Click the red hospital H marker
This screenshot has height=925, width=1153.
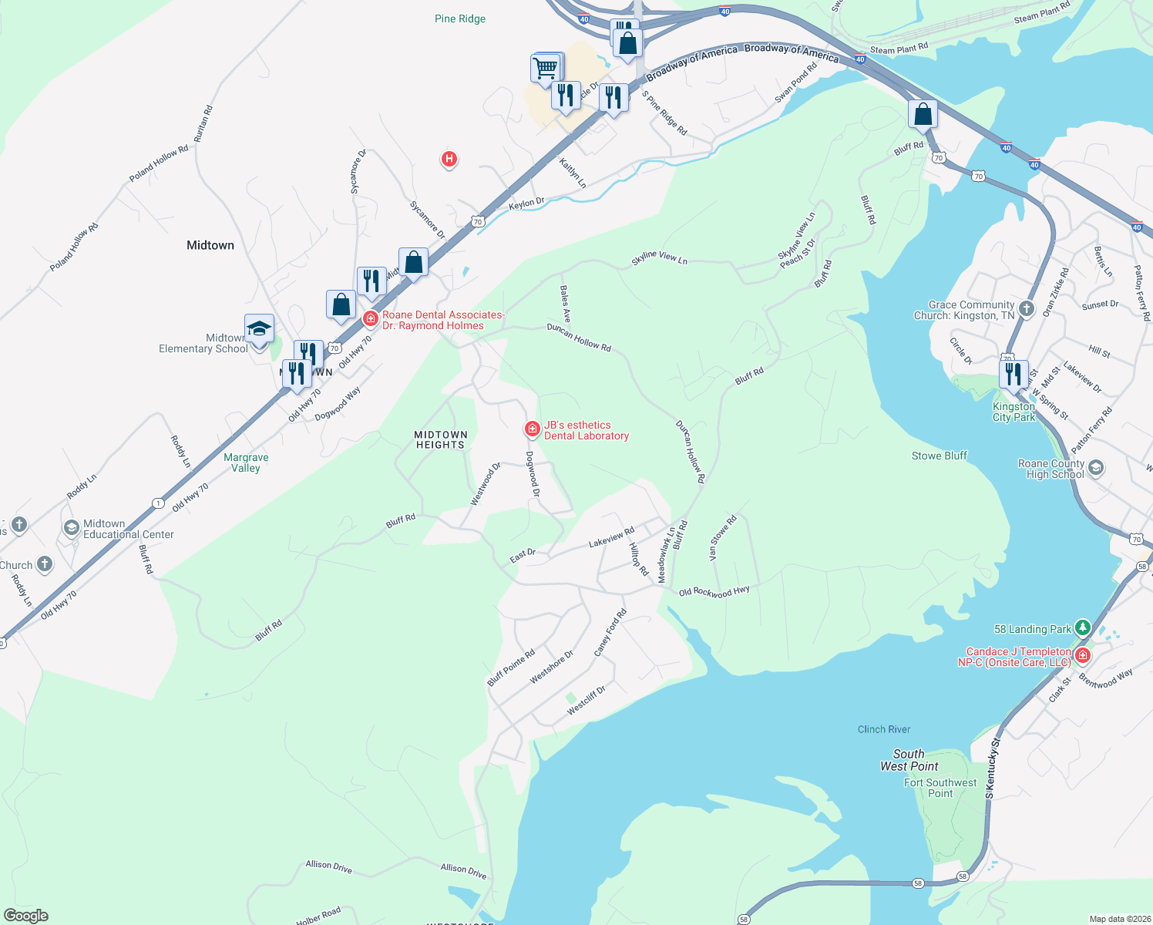[x=449, y=160]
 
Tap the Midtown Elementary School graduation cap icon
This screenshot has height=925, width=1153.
[x=259, y=329]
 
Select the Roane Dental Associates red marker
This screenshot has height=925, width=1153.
[x=371, y=318]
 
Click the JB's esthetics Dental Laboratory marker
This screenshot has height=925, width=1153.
[x=532, y=429]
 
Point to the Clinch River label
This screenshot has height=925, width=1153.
[x=884, y=729]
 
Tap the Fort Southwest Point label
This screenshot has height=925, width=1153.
[x=940, y=788]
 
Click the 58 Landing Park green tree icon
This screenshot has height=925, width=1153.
[x=1083, y=628]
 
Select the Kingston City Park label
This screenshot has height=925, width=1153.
[x=1013, y=412]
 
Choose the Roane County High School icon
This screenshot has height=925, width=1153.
[x=1096, y=468]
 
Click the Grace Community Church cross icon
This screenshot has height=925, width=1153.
[x=1027, y=309]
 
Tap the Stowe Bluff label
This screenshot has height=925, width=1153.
[x=939, y=456]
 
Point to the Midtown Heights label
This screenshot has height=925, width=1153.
[x=440, y=439]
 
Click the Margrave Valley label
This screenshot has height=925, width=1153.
[x=246, y=462]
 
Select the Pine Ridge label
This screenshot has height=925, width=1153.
[x=460, y=18]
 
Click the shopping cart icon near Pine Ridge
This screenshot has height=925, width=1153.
[x=546, y=68]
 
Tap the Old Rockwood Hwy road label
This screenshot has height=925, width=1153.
[x=714, y=591]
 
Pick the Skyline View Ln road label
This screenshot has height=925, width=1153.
[x=659, y=257]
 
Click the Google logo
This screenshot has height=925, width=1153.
[x=26, y=915]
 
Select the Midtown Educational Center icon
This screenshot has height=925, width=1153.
[x=71, y=528]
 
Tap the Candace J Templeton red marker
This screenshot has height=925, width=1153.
[x=1083, y=656]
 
